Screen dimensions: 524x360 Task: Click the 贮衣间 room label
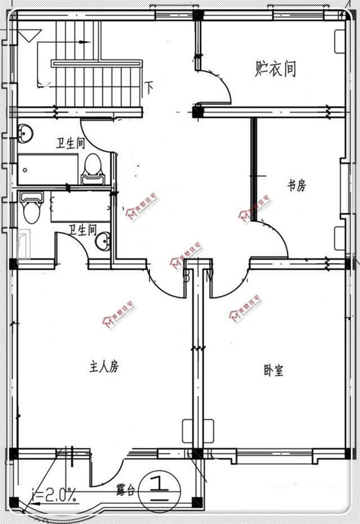275,69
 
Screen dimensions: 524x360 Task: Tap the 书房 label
296,185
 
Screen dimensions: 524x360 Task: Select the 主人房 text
104,367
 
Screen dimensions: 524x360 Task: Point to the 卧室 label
273,371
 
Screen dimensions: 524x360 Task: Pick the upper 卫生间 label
70,144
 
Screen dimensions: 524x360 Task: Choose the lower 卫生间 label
83,229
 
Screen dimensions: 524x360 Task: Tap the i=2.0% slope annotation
55,495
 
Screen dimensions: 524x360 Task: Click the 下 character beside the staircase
150,87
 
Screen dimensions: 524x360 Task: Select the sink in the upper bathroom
25,133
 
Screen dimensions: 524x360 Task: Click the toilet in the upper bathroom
93,169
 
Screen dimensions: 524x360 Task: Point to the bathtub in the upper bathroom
47,169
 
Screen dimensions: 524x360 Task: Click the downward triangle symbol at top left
26,37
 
